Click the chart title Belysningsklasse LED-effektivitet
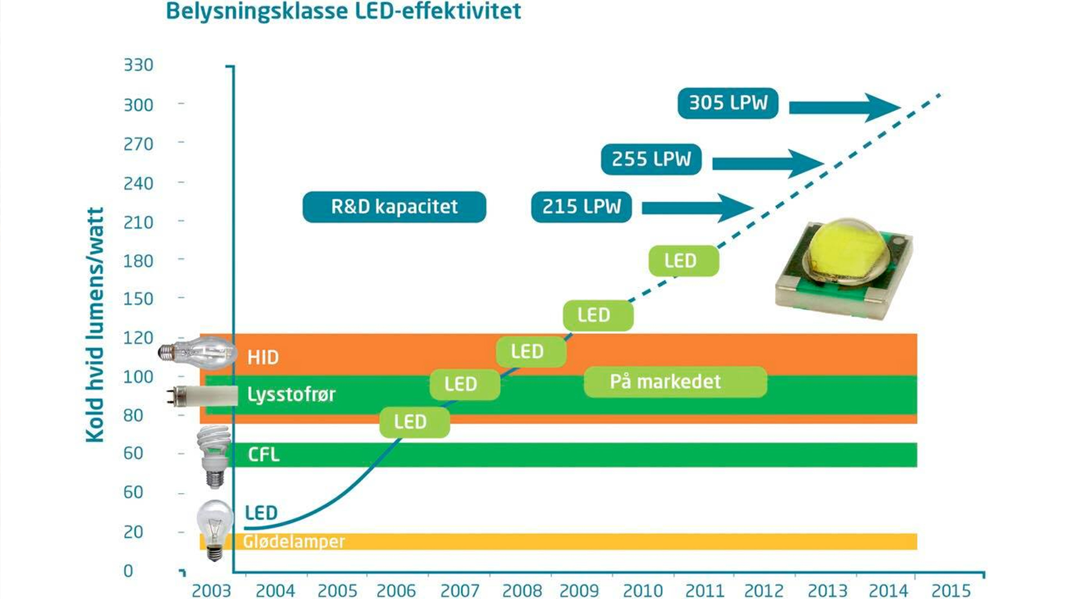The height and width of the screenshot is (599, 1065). [x=343, y=11]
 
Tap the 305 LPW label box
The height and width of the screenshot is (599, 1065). [x=728, y=103]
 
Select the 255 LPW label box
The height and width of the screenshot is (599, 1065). [x=651, y=159]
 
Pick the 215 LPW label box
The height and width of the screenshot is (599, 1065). [x=581, y=207]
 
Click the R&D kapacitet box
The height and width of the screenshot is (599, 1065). [x=394, y=207]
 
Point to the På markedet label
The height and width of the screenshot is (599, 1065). [x=675, y=382]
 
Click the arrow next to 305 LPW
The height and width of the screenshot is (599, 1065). [x=843, y=107]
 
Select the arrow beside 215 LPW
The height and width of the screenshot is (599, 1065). [x=697, y=208]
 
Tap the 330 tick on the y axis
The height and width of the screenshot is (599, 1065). [x=138, y=65]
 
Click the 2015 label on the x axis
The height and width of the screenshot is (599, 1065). [x=951, y=590]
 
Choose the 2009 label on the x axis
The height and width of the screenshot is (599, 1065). [x=579, y=590]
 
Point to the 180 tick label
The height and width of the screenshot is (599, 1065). [x=138, y=261]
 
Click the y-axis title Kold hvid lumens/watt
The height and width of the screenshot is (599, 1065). [x=95, y=324]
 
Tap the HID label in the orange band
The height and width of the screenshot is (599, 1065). [x=263, y=357]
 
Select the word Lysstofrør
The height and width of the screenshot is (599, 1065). [x=291, y=394]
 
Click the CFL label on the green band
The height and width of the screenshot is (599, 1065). [x=263, y=455]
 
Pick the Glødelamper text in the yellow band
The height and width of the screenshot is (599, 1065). [x=294, y=541]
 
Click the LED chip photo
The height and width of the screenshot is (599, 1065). [x=843, y=269]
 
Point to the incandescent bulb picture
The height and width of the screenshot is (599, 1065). [x=215, y=530]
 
